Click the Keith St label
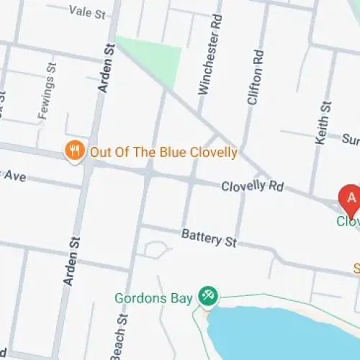pyautogui.click(x=324, y=123)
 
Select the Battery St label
pyautogui.click(x=209, y=237)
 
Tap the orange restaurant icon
pyautogui.click(x=73, y=151)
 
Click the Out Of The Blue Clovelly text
pyautogui.click(x=163, y=152)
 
